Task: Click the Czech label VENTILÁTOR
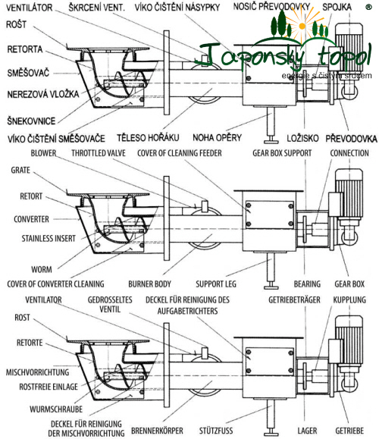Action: (x=29, y=8)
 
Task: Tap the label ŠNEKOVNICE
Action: (x=31, y=121)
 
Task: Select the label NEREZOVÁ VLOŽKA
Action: (x=43, y=94)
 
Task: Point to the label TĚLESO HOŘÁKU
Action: (x=148, y=137)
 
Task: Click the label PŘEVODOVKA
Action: (x=351, y=138)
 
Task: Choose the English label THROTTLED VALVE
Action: (x=99, y=153)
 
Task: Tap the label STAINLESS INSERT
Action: (x=49, y=238)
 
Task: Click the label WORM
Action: (x=42, y=269)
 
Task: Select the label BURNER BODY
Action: (x=150, y=284)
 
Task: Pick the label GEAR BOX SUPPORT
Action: (x=282, y=153)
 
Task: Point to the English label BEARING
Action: (x=307, y=284)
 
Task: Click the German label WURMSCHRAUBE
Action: (x=56, y=409)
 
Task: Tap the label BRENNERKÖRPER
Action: (x=158, y=431)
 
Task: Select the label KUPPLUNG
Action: (x=349, y=299)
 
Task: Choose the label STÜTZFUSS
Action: (x=216, y=431)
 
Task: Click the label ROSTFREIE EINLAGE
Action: (x=49, y=387)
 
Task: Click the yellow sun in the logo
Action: (x=302, y=26)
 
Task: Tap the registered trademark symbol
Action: (x=368, y=8)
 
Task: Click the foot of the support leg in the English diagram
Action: (x=271, y=286)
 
